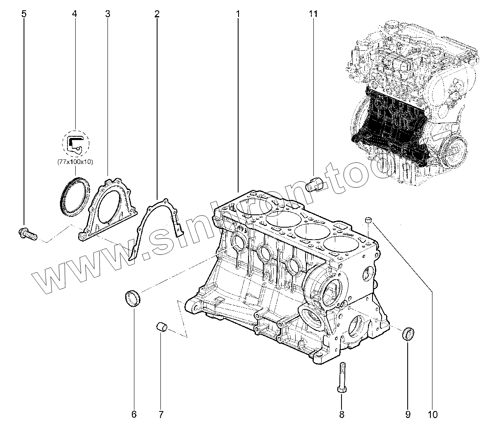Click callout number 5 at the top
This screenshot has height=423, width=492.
pyautogui.click(x=24, y=14)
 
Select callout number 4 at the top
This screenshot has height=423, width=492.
pyautogui.click(x=74, y=14)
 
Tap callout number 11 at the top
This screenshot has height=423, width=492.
pyautogui.click(x=313, y=14)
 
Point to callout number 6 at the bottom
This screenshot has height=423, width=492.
pyautogui.click(x=134, y=413)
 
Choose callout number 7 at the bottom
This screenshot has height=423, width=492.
pyautogui.click(x=161, y=413)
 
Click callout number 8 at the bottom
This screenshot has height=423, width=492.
pyautogui.click(x=342, y=413)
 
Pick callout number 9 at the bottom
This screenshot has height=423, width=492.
pyautogui.click(x=407, y=413)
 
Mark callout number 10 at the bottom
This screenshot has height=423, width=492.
pyautogui.click(x=432, y=413)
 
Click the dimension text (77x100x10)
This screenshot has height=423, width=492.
pyautogui.click(x=75, y=162)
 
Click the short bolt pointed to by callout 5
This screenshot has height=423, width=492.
pyautogui.click(x=28, y=234)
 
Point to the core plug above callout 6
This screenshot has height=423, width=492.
pyautogui.click(x=132, y=298)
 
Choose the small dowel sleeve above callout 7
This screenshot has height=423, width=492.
pyautogui.click(x=161, y=326)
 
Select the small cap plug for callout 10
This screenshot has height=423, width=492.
pyautogui.click(x=369, y=219)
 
